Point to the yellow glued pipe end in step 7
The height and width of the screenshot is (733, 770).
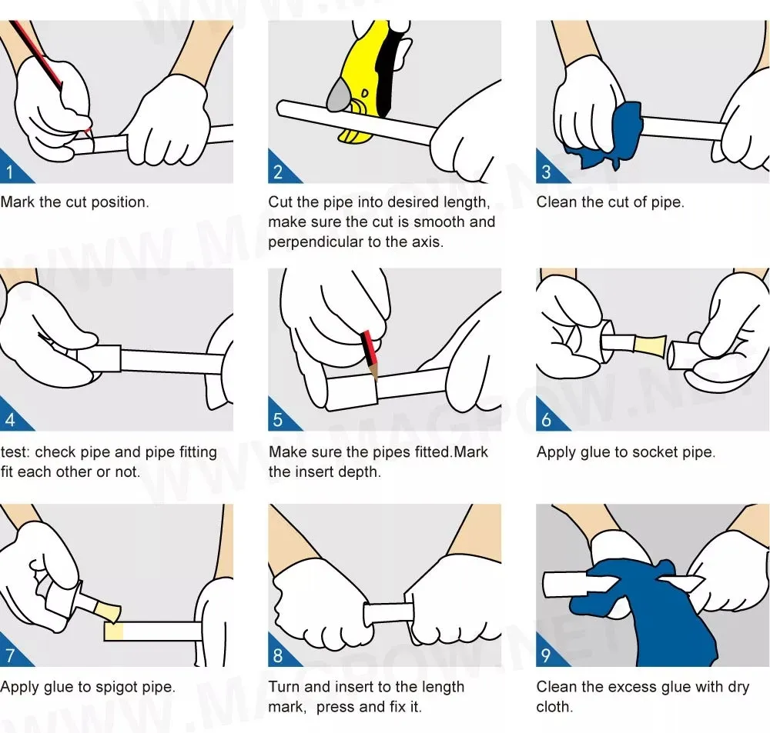coord(113,631)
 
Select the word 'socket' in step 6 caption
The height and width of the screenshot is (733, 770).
coord(635,451)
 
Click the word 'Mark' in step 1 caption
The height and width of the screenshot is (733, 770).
coord(17,202)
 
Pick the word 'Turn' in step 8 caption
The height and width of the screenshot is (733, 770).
coord(284,687)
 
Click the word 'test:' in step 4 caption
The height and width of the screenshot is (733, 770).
coord(15,451)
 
